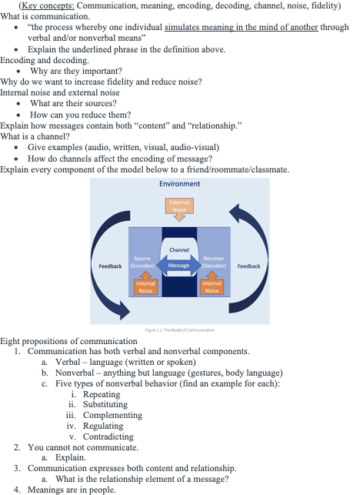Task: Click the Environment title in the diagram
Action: tap(179, 184)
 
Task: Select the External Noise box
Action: tap(179, 206)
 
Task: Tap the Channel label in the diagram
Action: tap(179, 250)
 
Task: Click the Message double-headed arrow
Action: tap(179, 266)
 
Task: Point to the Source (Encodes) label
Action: tap(142, 262)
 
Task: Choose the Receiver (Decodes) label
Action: tap(214, 262)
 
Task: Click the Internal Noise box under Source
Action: tap(145, 287)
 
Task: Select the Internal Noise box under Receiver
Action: tap(212, 287)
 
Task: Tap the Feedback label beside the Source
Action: tap(110, 266)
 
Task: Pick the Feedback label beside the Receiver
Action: tap(249, 266)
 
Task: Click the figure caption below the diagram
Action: tap(180, 330)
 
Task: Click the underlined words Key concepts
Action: tap(48, 5)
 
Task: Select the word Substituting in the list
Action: tap(105, 404)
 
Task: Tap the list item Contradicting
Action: tap(108, 436)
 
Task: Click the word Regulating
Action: tap(103, 426)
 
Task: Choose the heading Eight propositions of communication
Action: tap(68, 341)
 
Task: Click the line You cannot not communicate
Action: tap(83, 447)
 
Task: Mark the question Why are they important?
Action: tap(76, 71)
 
